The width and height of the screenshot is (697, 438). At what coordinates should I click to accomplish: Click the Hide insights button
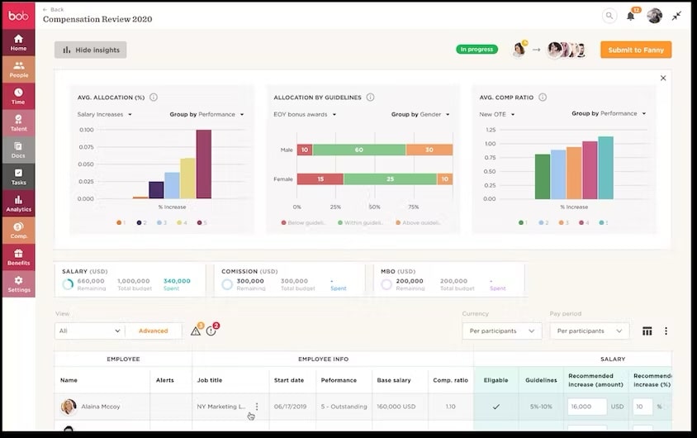click(91, 50)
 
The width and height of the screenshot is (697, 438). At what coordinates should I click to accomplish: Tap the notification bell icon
click(631, 16)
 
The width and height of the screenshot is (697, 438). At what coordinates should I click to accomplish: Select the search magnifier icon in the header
click(609, 16)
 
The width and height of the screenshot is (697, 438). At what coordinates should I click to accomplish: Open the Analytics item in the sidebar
click(18, 203)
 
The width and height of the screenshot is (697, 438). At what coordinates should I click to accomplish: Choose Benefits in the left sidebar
click(18, 257)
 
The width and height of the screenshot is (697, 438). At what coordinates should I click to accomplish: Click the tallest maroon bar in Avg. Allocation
click(203, 164)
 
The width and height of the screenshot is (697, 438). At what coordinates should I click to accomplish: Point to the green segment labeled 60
click(359, 150)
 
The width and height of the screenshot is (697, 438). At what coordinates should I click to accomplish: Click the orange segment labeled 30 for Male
click(429, 150)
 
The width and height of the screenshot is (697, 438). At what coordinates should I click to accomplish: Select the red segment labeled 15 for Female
click(320, 179)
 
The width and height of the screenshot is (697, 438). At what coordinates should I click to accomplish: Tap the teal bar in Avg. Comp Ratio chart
click(605, 168)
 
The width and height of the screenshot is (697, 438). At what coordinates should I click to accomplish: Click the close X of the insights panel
click(663, 79)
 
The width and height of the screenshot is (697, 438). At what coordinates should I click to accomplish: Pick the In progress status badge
click(477, 50)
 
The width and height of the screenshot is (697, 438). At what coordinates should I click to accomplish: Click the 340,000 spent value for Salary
click(177, 281)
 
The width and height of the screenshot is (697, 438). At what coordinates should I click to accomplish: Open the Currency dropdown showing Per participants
click(502, 331)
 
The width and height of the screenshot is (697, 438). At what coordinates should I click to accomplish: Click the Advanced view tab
click(153, 331)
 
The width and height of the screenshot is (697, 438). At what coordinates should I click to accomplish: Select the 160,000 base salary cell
click(394, 407)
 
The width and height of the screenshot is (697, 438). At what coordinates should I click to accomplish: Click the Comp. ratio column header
click(450, 380)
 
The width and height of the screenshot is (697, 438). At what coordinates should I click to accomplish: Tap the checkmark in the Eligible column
click(495, 407)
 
